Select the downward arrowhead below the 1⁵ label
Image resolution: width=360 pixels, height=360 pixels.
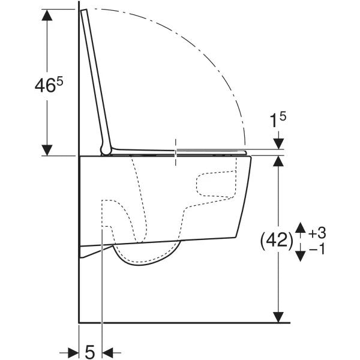278,143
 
